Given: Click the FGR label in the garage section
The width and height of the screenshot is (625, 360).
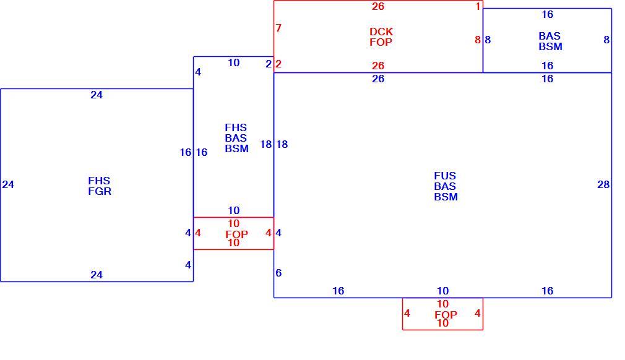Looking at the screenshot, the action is tap(100, 191).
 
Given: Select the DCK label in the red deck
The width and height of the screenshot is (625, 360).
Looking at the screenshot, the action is tap(381, 32).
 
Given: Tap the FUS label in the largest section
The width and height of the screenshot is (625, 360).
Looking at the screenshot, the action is tap(445, 176).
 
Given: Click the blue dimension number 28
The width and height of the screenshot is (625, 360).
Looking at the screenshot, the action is tap(603, 184).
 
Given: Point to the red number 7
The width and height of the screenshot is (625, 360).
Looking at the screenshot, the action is tap(278, 28).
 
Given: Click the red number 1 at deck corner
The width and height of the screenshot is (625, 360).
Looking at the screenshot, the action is tap(478, 6).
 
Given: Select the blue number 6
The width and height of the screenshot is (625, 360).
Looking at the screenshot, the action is tap(278, 273).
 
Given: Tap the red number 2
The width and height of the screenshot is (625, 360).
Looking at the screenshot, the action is tap(278, 64).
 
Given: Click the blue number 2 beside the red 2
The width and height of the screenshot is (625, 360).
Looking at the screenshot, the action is tap(269, 64).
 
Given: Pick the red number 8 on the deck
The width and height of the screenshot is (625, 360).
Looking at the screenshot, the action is tap(478, 40).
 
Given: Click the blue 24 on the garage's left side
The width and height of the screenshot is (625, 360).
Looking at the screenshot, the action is tap(8, 184).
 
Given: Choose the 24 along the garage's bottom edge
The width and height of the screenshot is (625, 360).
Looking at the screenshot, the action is tap(97, 275).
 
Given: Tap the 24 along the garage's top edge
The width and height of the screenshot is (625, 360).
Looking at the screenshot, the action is tap(97, 95).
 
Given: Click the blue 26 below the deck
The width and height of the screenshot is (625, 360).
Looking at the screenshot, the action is tap(378, 79).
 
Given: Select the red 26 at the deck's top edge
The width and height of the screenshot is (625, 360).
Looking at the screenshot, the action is tap(378, 6).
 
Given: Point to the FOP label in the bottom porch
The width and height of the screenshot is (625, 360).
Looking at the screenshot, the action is tap(446, 315).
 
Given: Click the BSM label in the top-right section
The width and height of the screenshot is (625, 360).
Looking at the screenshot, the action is tap(551, 46).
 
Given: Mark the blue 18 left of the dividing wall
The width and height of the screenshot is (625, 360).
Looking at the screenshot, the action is tap(266, 144).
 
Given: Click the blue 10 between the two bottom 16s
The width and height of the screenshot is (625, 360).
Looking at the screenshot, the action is tap(442, 291).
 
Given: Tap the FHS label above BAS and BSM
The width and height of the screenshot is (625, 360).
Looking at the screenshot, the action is tap(236, 127).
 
